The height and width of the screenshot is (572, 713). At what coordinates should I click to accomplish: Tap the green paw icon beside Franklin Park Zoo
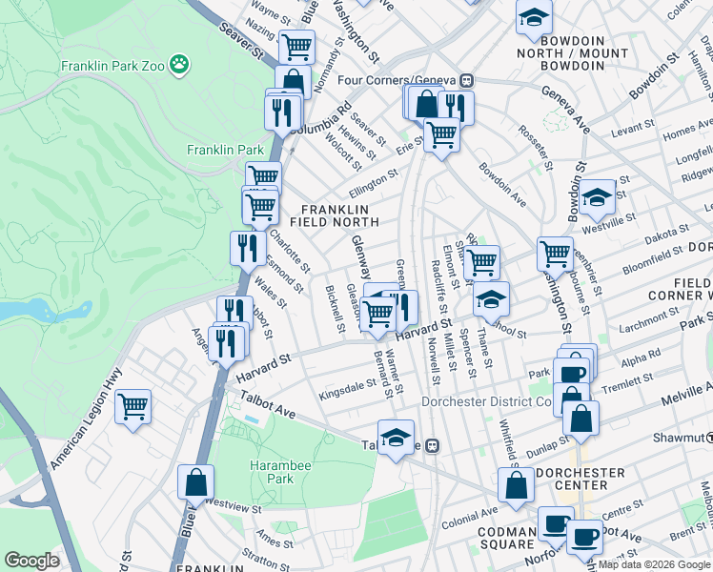[178, 64]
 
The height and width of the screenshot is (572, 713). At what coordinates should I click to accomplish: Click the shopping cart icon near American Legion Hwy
[133, 407]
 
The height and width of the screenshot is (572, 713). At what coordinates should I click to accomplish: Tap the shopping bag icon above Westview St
[195, 482]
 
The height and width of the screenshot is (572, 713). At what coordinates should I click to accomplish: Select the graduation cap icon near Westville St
[598, 197]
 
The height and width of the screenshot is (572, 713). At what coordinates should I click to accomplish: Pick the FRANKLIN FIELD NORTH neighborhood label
[339, 215]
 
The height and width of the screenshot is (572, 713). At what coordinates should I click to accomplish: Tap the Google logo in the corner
[32, 561]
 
